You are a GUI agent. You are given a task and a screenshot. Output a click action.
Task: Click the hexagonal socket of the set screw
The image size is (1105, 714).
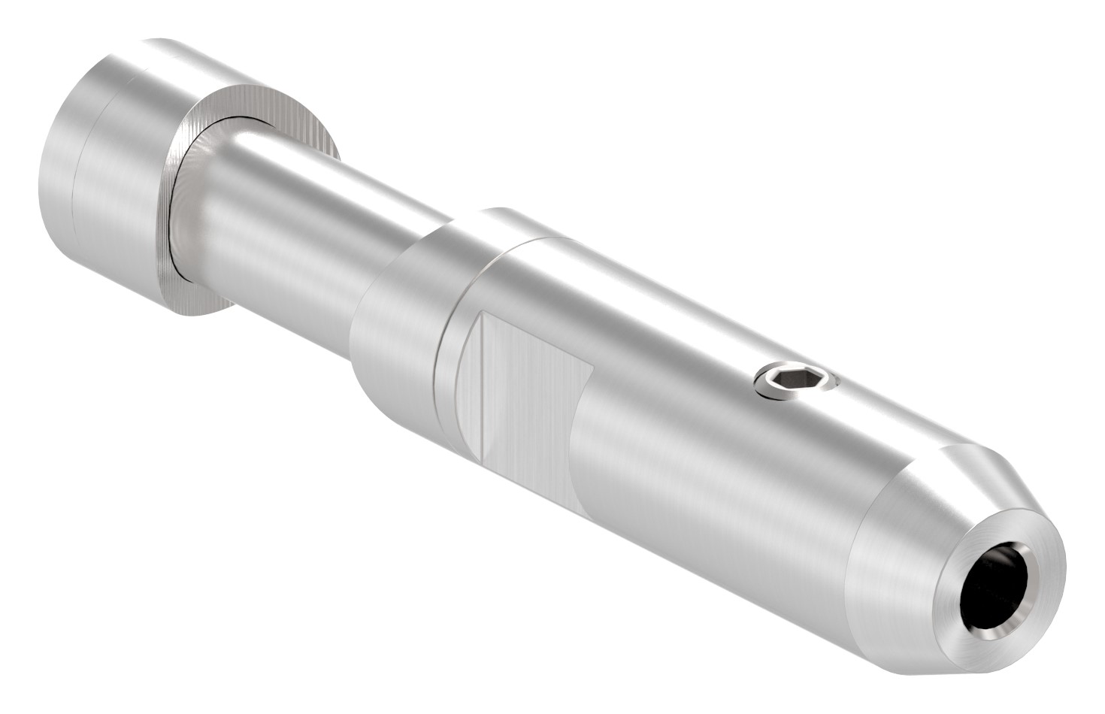(795, 380)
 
